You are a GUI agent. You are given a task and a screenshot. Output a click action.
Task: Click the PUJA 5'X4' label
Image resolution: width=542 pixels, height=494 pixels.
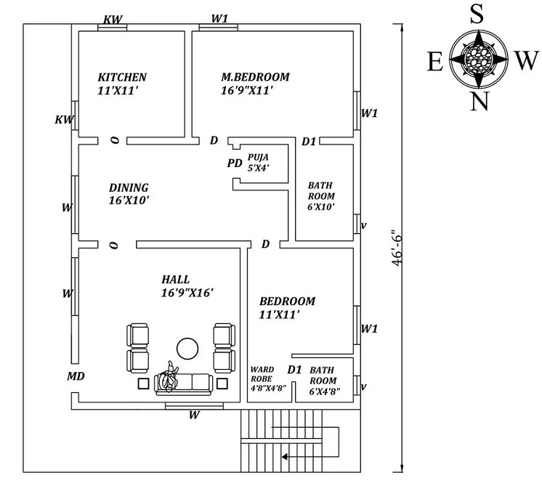[x=258, y=162]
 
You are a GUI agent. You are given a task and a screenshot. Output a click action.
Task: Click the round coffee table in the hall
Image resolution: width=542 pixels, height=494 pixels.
[x=187, y=349]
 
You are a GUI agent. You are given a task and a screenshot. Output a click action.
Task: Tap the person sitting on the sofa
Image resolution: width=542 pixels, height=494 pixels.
[x=169, y=377]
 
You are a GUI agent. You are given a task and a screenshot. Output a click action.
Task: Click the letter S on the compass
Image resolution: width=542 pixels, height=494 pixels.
[x=477, y=13]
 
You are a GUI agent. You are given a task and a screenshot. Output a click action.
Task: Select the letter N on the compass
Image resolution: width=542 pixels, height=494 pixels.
[x=478, y=102]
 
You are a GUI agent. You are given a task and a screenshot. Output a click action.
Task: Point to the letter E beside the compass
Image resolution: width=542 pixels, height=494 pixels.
[x=434, y=62]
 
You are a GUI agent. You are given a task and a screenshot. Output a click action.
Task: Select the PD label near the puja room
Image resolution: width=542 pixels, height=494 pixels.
[x=234, y=163]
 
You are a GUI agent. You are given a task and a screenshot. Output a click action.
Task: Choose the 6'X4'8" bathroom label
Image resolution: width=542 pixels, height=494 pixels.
[x=323, y=380]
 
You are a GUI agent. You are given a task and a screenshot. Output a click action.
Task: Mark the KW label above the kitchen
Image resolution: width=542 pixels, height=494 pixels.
[x=113, y=20]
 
